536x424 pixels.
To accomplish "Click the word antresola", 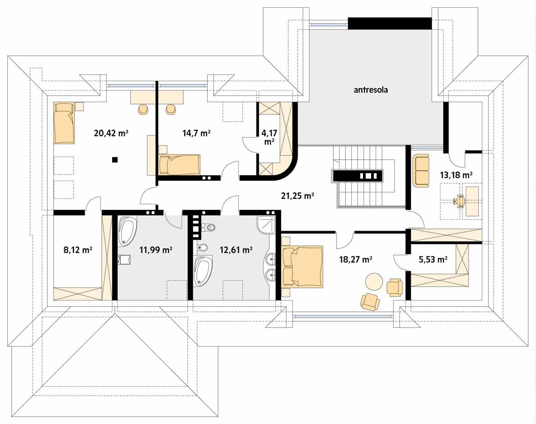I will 370,90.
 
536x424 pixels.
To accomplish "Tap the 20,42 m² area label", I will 111,133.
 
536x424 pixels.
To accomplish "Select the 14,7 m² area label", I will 197,133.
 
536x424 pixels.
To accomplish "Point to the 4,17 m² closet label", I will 269,137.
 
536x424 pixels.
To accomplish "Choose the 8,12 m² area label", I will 78,249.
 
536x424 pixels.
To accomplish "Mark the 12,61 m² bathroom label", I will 236,249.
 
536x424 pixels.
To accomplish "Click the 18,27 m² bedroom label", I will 355,259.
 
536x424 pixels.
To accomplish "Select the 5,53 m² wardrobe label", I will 431,259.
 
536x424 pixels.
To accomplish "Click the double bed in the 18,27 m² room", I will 302,266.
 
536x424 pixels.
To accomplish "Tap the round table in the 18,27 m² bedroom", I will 374,282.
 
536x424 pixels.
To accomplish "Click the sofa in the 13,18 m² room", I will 421,171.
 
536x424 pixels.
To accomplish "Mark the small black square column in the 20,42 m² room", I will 115,159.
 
